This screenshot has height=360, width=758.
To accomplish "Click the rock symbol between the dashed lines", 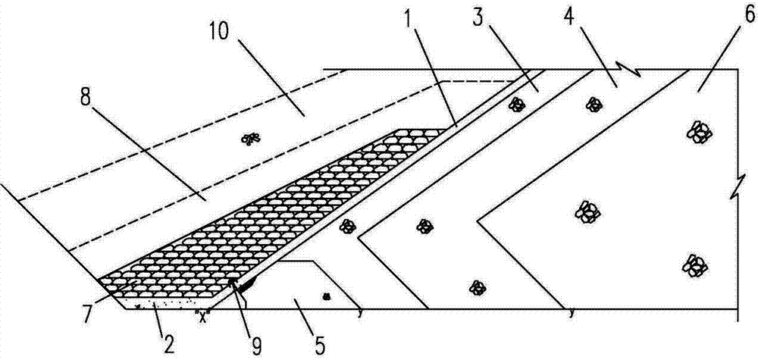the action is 250,138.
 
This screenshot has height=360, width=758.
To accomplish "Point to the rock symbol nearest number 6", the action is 697,132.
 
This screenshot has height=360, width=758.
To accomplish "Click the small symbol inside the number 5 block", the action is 327,296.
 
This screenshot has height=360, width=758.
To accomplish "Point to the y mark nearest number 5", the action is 358,310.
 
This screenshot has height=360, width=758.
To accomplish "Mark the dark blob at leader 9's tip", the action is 236,284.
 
